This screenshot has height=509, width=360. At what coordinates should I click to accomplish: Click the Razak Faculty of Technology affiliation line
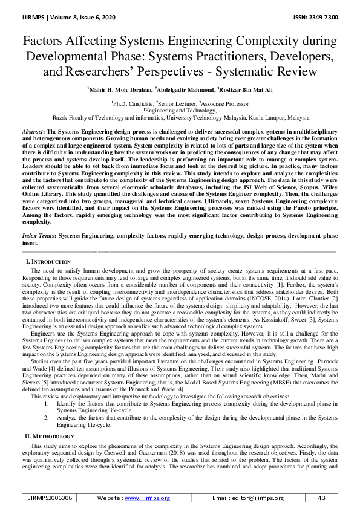pos(180,118)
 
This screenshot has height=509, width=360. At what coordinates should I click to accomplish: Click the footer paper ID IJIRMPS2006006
pos(50,498)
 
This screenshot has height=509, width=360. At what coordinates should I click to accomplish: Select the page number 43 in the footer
pos(321,498)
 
